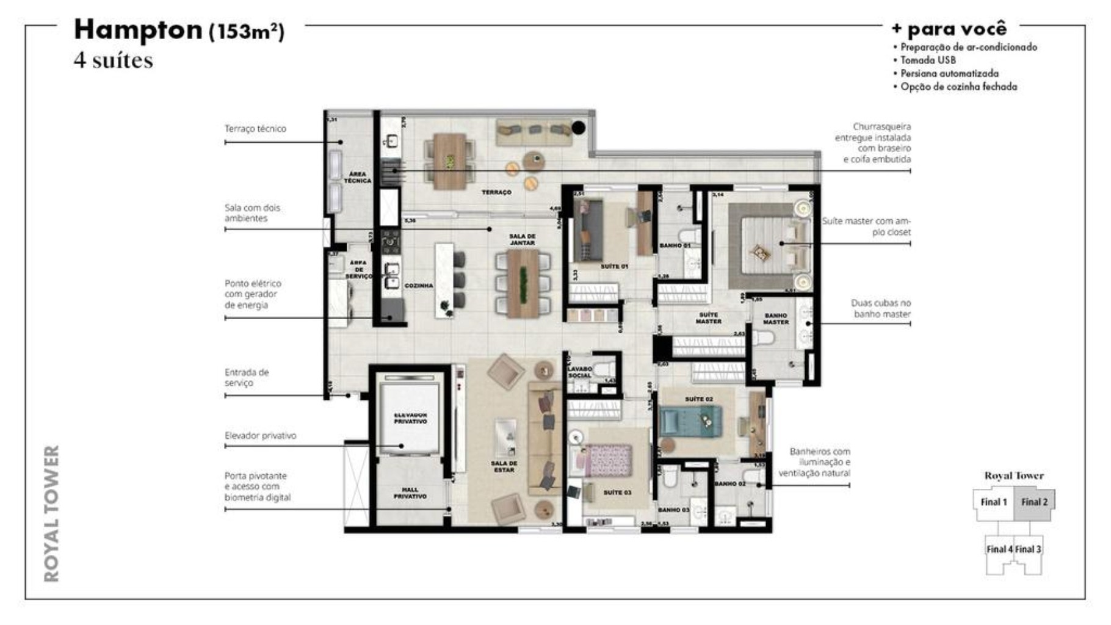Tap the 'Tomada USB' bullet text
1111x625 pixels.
[927, 60]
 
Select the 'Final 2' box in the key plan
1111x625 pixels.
[1034, 502]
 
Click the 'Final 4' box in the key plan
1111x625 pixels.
[999, 549]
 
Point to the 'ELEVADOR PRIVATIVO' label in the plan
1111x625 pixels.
[410, 418]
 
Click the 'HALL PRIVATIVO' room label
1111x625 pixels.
[410, 493]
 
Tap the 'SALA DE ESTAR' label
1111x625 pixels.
[504, 467]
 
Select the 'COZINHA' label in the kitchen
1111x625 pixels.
[419, 286]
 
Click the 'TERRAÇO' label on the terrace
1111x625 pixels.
[496, 192]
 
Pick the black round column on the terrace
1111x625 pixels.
[577, 128]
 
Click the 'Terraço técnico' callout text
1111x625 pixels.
[255, 129]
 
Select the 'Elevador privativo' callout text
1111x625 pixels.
[260, 436]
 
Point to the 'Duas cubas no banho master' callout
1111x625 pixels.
[881, 308]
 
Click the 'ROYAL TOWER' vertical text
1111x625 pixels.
[52, 513]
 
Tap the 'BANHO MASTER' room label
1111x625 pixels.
[776, 319]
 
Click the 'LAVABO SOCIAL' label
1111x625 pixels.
[579, 372]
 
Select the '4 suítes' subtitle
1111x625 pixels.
[113, 60]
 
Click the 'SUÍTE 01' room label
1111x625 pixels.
[614, 267]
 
